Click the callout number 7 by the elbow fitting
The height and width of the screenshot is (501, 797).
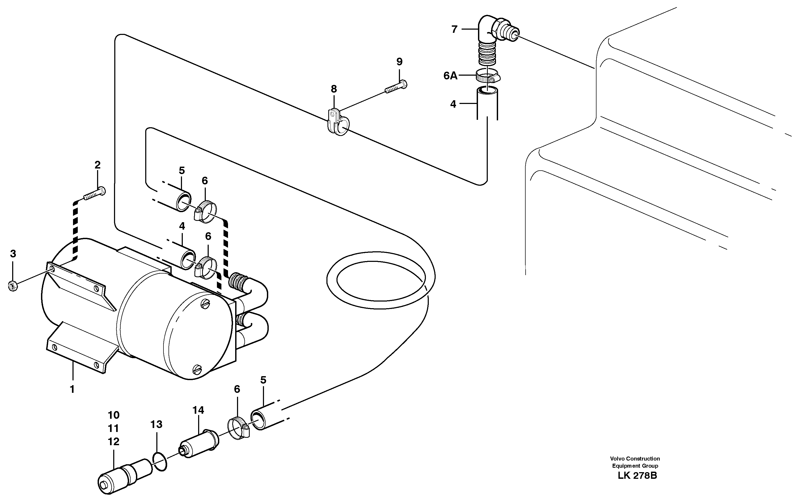point(454,29)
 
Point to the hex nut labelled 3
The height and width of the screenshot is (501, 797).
point(13,286)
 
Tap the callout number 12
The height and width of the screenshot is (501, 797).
point(113,442)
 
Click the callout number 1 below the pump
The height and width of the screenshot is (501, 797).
point(72,389)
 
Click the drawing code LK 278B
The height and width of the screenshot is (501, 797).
point(637,476)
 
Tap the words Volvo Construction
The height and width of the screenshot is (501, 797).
point(635,458)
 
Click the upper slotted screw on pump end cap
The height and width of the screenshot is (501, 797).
point(206,303)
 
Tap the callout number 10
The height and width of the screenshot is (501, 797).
point(113,415)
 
